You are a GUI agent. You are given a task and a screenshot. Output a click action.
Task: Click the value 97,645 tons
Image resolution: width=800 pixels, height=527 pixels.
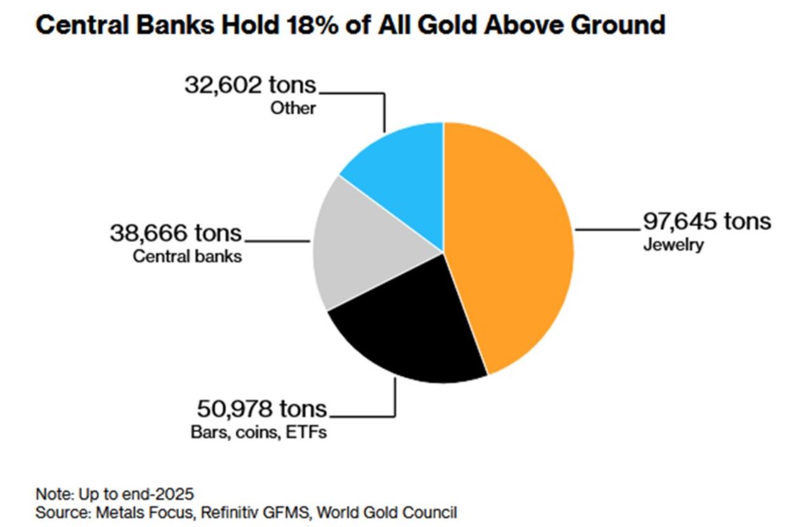click(x=707, y=221)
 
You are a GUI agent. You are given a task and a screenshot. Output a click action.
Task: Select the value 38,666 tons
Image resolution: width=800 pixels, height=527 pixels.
click(x=176, y=233)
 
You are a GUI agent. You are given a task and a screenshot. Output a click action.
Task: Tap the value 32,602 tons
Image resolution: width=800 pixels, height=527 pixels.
click(x=250, y=84)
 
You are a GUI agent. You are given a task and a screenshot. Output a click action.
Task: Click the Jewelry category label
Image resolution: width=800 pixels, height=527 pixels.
click(x=673, y=245)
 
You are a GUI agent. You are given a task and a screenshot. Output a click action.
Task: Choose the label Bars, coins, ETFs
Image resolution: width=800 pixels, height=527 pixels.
click(x=258, y=433)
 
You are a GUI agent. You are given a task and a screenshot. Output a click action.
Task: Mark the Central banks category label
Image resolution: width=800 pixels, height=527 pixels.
click(x=187, y=257)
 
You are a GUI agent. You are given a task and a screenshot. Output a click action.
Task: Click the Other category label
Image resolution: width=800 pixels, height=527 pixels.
click(x=293, y=108)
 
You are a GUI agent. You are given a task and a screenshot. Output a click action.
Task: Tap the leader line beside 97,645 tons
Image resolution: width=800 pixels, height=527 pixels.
click(x=606, y=228)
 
